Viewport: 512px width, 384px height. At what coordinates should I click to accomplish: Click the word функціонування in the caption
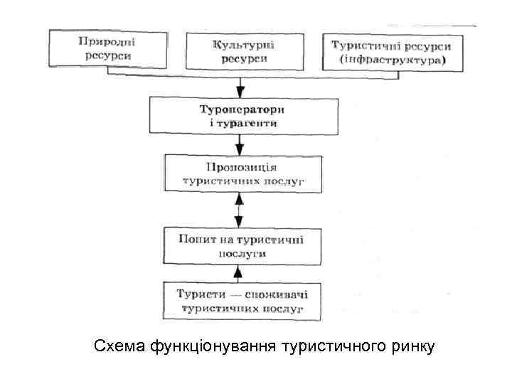point(213,347)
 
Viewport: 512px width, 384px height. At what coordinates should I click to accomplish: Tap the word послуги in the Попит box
point(242,252)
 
